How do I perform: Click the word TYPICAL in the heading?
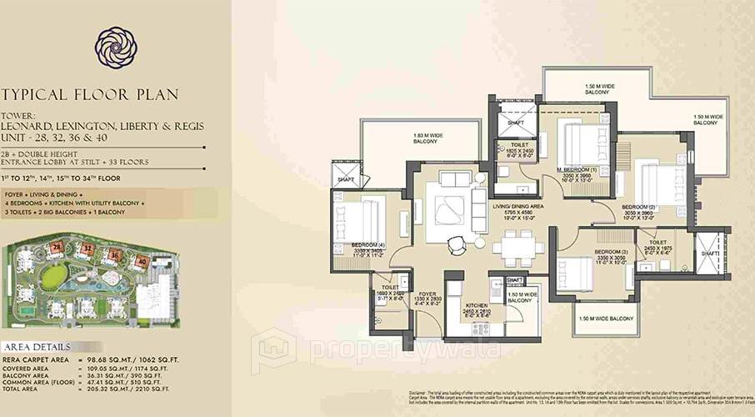(37, 95)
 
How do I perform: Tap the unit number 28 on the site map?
(57, 247)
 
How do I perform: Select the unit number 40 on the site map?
(142, 261)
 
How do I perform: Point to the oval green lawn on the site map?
(53, 275)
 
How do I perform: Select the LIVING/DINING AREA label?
(517, 205)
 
